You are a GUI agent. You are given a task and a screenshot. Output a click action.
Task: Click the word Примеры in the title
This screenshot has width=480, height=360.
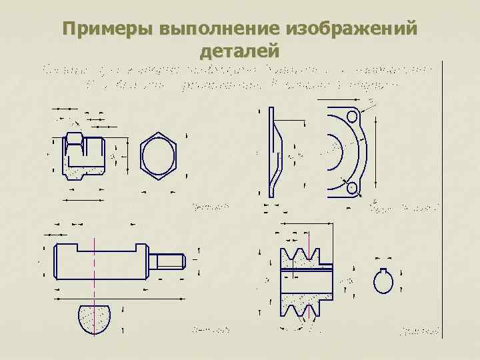tap(107, 30)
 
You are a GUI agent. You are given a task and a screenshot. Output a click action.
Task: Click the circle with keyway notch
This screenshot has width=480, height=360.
tap(384, 280)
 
